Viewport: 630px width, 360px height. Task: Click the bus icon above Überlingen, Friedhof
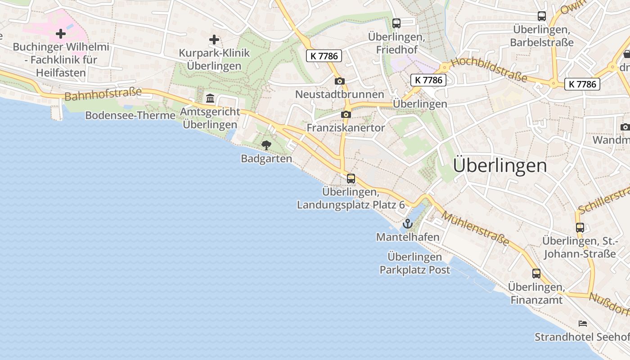(x=396, y=23)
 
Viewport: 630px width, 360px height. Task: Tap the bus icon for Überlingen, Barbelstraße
(x=542, y=16)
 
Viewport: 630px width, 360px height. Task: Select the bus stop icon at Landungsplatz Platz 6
(x=351, y=179)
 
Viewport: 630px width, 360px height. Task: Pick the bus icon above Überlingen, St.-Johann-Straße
(x=580, y=228)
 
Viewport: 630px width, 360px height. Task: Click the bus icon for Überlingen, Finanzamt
(x=536, y=274)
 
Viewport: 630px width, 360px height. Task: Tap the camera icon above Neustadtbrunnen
(x=340, y=81)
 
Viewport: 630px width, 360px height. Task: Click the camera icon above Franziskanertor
(x=346, y=115)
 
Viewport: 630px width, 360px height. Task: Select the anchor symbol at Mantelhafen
(x=408, y=224)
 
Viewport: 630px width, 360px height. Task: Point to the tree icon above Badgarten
(x=266, y=145)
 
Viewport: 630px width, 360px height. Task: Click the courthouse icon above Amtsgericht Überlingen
(x=210, y=98)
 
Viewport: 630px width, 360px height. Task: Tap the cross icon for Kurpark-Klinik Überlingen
(x=214, y=40)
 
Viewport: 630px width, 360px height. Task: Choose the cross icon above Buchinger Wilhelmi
(x=61, y=34)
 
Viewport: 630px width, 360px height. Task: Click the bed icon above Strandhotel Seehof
(x=583, y=324)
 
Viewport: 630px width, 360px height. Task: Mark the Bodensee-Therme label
(x=130, y=116)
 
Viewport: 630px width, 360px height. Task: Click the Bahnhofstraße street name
(x=103, y=94)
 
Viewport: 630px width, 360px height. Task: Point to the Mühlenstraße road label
(x=475, y=229)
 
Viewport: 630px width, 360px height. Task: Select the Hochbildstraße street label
(x=488, y=70)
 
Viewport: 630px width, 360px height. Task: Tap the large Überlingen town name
(x=500, y=166)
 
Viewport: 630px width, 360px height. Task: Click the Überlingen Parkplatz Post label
(x=415, y=263)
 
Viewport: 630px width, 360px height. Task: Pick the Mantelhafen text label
(x=408, y=237)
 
